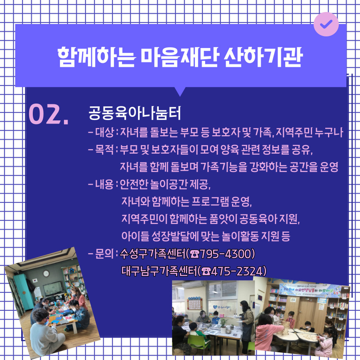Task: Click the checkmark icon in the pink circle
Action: tap(326, 24)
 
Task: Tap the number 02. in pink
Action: tap(49, 114)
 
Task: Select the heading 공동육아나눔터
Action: tap(135, 113)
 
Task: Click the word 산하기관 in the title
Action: tap(263, 57)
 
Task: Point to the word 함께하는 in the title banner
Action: tap(96, 57)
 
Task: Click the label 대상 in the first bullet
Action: tap(104, 132)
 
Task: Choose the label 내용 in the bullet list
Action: tap(104, 184)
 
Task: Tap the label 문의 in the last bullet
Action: tap(104, 254)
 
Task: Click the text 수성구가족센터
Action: tap(153, 254)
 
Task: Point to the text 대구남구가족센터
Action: tap(159, 271)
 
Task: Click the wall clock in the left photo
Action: tap(46, 274)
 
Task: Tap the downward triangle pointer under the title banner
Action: tap(180, 91)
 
